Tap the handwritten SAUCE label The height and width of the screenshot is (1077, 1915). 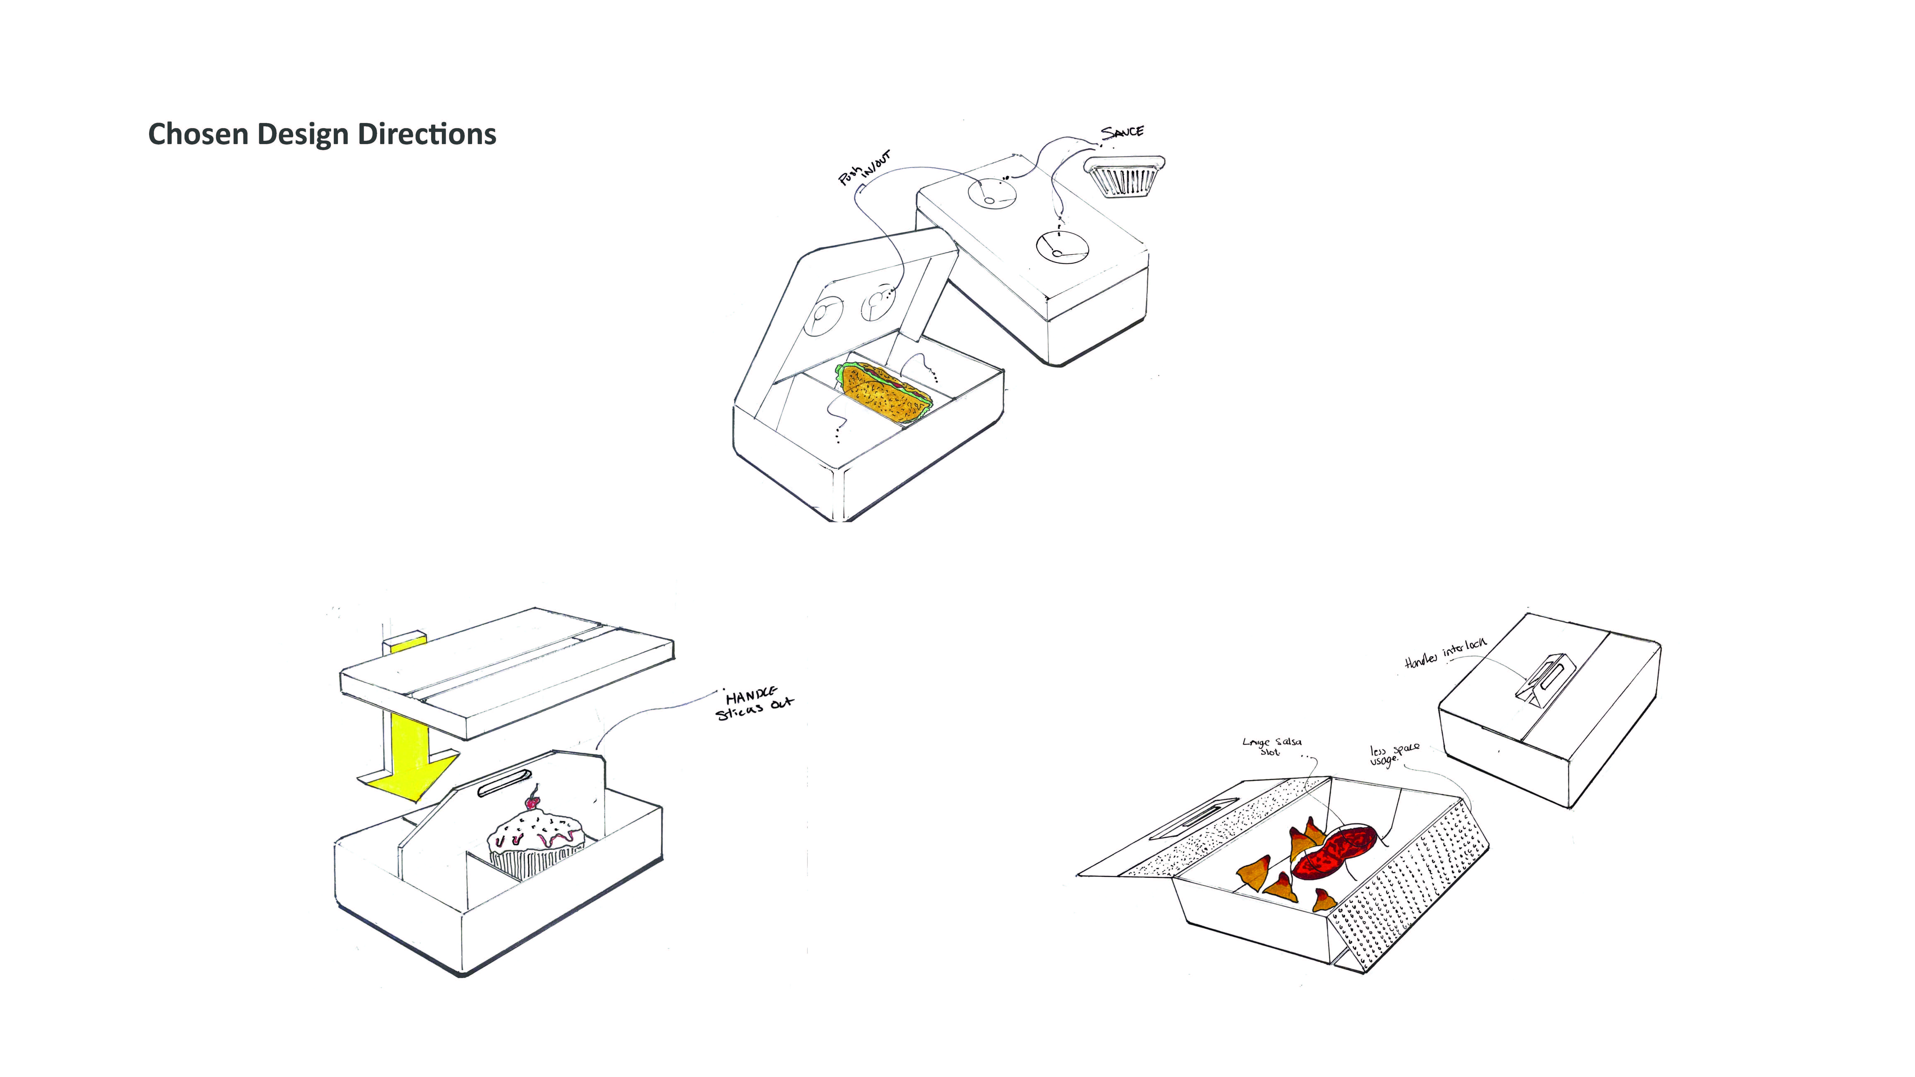(1123, 132)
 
